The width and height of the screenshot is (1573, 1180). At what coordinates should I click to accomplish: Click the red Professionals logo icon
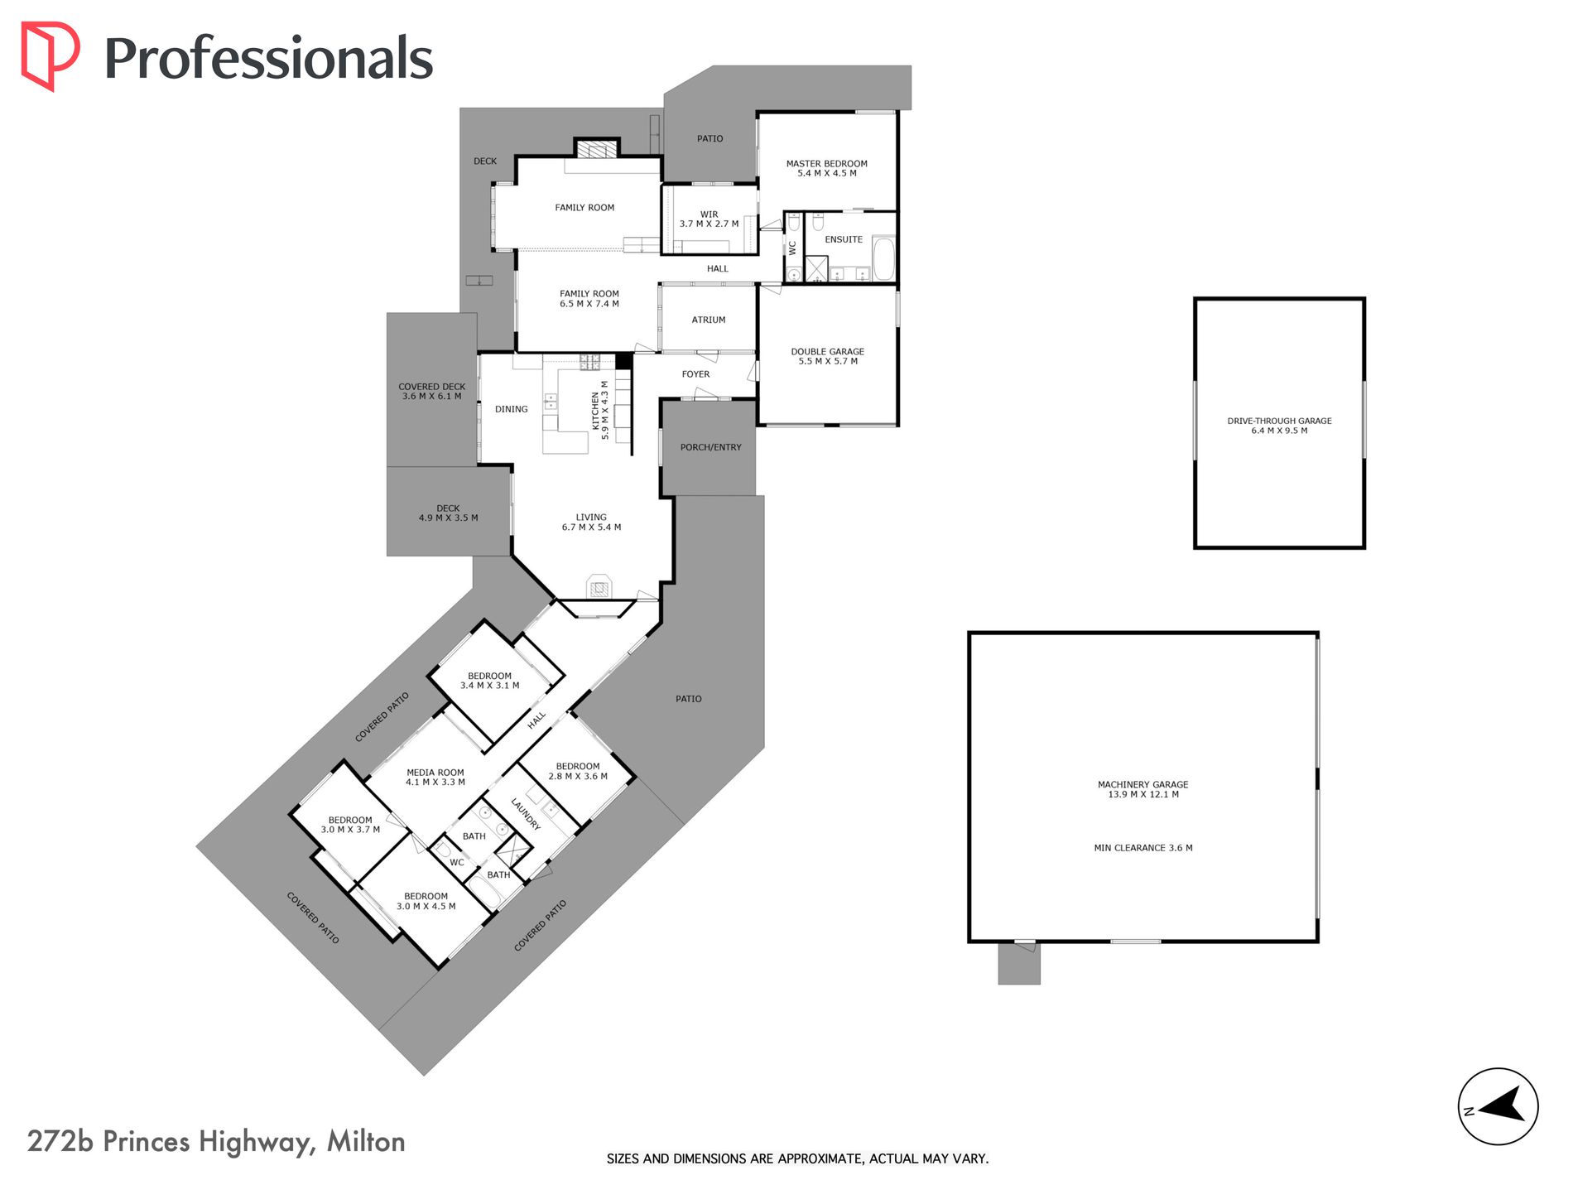pos(50,55)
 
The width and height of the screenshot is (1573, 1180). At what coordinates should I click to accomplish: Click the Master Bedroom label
pos(827,168)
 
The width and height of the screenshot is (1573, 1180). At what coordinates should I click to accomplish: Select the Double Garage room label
pos(828,356)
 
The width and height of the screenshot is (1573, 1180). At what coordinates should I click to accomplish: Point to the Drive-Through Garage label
pos(1279,426)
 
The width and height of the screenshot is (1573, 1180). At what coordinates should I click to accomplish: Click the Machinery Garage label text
pos(1143,789)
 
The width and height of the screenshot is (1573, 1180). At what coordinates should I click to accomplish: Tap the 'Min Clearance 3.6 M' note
pos(1143,848)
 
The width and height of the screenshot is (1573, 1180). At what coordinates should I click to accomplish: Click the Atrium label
pos(709,320)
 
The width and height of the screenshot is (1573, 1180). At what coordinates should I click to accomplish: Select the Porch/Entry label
pos(711,447)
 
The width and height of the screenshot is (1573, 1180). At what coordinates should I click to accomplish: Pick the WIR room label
pos(710,219)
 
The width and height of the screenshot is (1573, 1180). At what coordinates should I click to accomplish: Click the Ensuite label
pos(844,239)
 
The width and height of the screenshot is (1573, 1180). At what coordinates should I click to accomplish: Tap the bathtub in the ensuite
pos(883,259)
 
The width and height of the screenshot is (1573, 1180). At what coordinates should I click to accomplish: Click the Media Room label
pos(435,777)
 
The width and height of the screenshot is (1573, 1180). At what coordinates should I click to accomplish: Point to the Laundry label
pos(526,814)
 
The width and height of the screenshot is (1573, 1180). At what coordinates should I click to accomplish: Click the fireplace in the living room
pos(599,586)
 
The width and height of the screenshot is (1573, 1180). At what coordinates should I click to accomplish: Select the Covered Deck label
pos(432,392)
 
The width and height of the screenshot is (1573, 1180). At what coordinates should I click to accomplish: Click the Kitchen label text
pos(599,410)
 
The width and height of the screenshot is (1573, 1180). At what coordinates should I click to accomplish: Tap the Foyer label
pos(696,374)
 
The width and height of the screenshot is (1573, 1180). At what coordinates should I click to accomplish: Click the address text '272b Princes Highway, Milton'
pos(216,1142)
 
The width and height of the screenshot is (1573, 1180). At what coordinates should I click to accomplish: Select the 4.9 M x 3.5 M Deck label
pos(448,513)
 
